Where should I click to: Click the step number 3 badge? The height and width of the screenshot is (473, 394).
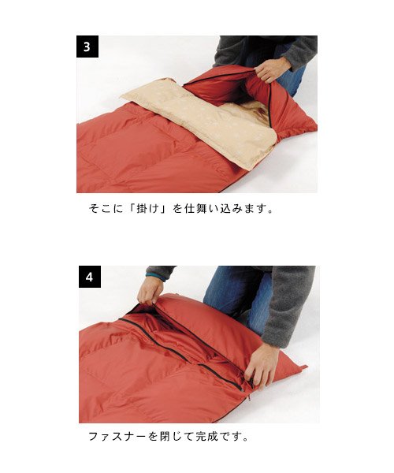87,47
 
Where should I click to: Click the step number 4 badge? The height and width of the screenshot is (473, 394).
90,277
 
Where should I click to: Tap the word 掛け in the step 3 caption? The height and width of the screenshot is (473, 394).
147,209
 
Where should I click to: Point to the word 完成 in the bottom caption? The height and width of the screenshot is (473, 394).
206,436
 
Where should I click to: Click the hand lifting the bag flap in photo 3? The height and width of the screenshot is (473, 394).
269,70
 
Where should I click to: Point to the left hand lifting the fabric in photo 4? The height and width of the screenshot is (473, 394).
150,290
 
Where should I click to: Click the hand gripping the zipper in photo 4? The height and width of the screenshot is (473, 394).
262,364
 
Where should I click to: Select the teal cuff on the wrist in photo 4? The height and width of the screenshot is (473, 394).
154,276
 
